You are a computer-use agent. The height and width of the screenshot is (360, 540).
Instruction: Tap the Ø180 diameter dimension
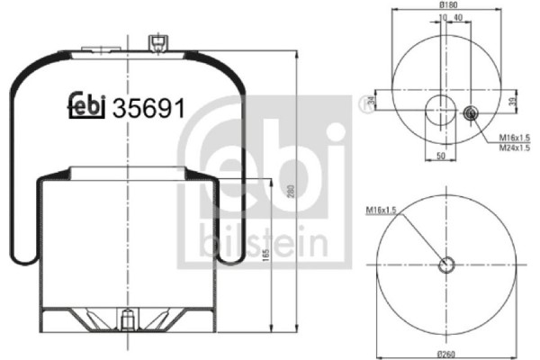coord(447,5)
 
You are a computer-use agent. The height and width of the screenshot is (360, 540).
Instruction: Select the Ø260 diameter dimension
coord(447,350)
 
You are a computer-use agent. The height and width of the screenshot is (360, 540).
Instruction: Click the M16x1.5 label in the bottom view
coord(382,209)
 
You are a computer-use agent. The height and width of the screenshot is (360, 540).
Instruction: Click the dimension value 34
coord(371,101)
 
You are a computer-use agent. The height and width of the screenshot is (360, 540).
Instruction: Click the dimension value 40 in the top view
coord(461,17)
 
